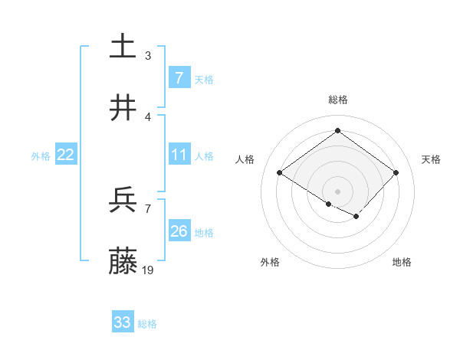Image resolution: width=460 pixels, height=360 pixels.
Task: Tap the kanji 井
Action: point(123,109)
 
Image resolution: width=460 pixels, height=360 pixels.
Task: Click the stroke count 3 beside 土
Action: point(147,56)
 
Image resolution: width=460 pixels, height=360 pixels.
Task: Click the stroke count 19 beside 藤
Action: point(149,270)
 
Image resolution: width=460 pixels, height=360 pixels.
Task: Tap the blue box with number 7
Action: point(179,77)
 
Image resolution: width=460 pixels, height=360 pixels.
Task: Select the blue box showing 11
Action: point(179,155)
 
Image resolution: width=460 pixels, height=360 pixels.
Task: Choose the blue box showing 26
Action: point(179,231)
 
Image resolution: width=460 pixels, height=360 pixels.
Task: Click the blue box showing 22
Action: point(65,155)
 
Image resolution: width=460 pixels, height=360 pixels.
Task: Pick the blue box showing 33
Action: point(123,322)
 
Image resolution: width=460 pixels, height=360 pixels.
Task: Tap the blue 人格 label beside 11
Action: point(204,156)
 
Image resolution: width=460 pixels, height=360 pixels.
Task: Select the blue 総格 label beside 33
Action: point(147,324)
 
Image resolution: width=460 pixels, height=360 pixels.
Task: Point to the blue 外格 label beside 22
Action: point(41,156)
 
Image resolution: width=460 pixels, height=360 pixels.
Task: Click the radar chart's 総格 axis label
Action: point(337,100)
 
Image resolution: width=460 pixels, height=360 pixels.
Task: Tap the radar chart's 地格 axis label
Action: point(402,262)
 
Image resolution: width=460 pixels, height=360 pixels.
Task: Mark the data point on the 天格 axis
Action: point(396,173)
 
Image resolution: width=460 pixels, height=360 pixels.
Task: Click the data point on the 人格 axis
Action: point(279,173)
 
